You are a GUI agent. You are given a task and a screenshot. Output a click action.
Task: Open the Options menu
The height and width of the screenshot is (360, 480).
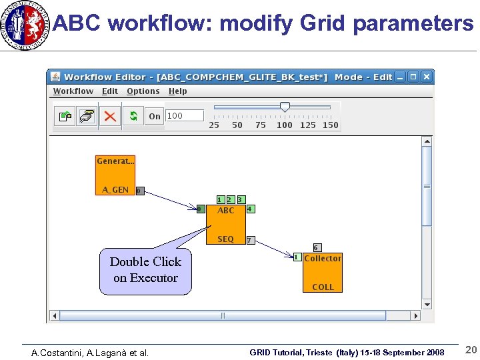[143, 91]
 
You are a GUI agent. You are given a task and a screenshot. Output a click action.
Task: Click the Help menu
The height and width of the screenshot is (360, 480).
[177, 91]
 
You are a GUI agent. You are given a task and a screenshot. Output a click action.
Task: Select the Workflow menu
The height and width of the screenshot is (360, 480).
[73, 91]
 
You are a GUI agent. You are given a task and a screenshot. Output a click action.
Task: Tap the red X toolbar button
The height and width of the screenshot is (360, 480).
[109, 116]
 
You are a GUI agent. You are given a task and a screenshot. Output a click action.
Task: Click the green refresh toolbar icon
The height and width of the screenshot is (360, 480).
[133, 116]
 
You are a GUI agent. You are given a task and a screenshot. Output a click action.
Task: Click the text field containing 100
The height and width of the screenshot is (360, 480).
[184, 116]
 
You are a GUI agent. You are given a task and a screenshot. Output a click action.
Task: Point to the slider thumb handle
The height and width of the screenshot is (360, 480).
[285, 107]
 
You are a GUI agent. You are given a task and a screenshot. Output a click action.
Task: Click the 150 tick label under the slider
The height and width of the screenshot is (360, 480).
[330, 125]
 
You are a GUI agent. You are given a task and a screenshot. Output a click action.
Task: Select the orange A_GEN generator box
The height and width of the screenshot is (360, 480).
[115, 175]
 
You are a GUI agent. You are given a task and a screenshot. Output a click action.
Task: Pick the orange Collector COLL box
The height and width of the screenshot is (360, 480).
[323, 273]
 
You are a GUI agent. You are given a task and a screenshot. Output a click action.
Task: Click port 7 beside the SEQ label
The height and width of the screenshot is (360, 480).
[249, 240]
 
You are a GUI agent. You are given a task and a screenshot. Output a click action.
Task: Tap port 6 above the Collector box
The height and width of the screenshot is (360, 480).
[317, 247]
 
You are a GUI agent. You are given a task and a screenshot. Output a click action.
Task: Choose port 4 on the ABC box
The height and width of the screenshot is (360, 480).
[250, 209]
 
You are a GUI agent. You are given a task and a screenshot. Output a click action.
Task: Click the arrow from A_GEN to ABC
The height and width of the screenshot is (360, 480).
[171, 201]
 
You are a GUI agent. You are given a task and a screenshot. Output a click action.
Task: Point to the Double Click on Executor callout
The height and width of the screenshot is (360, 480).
[145, 271]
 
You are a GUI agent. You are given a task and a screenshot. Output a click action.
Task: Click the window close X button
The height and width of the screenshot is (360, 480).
[426, 77]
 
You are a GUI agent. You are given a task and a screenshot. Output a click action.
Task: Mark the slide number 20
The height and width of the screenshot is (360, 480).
[471, 351]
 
